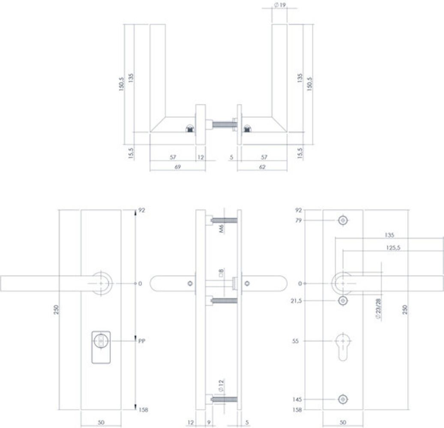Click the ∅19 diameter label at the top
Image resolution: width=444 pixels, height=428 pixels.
(279, 5)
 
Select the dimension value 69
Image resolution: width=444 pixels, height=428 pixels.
(177, 167)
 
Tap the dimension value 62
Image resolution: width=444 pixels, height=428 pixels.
(262, 167)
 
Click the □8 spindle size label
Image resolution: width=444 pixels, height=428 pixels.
(221, 273)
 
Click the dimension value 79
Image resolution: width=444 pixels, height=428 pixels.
(299, 220)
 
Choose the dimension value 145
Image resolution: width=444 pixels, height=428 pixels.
(297, 399)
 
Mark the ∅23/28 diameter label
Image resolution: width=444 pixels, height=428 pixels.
(378, 310)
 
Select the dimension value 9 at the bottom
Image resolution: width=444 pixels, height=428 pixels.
(209, 423)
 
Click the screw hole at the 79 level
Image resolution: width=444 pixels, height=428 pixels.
(342, 220)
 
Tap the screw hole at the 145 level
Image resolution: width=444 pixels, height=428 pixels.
(342, 399)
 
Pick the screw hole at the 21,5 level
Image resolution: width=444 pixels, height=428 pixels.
(342, 301)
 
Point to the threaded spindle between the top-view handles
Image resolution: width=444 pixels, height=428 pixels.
(222, 126)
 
